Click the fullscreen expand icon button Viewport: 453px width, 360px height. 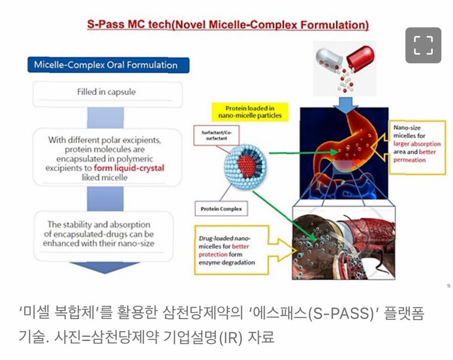pos(423,45)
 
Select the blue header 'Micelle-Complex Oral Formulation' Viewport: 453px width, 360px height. pos(108,65)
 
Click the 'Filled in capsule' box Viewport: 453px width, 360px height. pos(108,92)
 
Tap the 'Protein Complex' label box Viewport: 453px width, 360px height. pos(221,208)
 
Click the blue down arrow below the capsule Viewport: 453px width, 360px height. pos(343,105)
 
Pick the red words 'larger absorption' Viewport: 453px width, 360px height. pos(416,144)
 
